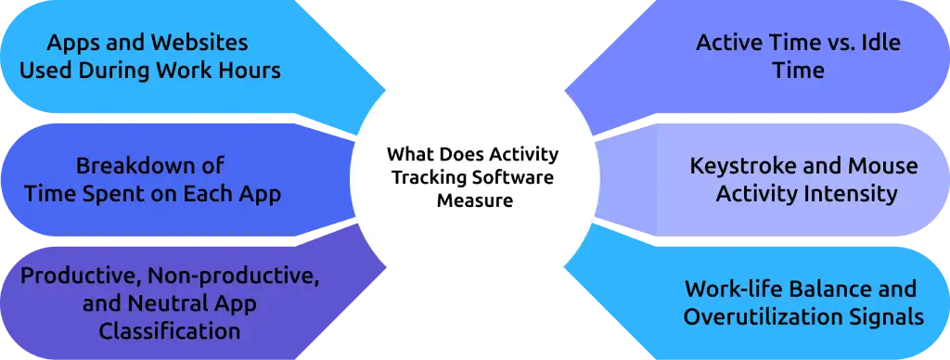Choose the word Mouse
click(x=878, y=166)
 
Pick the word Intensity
click(x=851, y=194)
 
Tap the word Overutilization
click(x=760, y=316)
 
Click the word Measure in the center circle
click(x=475, y=199)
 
